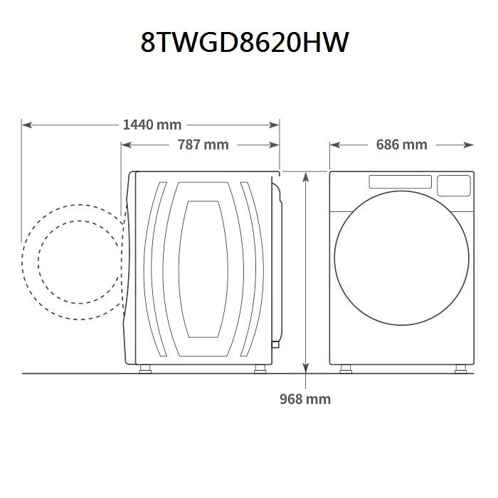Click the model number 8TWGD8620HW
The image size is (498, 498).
click(245, 43)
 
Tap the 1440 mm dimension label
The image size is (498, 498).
click(152, 125)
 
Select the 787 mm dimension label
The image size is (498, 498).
click(203, 145)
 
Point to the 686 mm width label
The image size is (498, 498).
click(401, 145)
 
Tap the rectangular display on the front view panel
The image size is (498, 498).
click(400, 182)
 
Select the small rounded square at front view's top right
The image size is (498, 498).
click(452, 186)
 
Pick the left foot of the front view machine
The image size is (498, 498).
click(346, 369)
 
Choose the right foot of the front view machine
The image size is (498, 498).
click(459, 369)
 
